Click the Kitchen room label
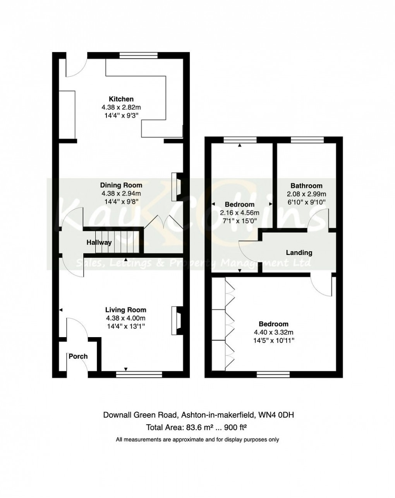pyautogui.click(x=121, y=99)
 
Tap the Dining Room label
pyautogui.click(x=121, y=185)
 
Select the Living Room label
pyautogui.click(x=125, y=310)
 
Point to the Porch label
pyautogui.click(x=78, y=356)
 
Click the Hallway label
pyautogui.click(x=99, y=243)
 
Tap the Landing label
pyautogui.click(x=299, y=253)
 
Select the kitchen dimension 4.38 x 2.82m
pyautogui.click(x=121, y=107)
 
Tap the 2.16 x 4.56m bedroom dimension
pyautogui.click(x=240, y=213)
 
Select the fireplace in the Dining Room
pyautogui.click(x=177, y=187)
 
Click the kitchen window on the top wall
pyautogui.click(x=138, y=55)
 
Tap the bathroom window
pyautogui.click(x=307, y=140)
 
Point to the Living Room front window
pyautogui.click(x=139, y=374)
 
